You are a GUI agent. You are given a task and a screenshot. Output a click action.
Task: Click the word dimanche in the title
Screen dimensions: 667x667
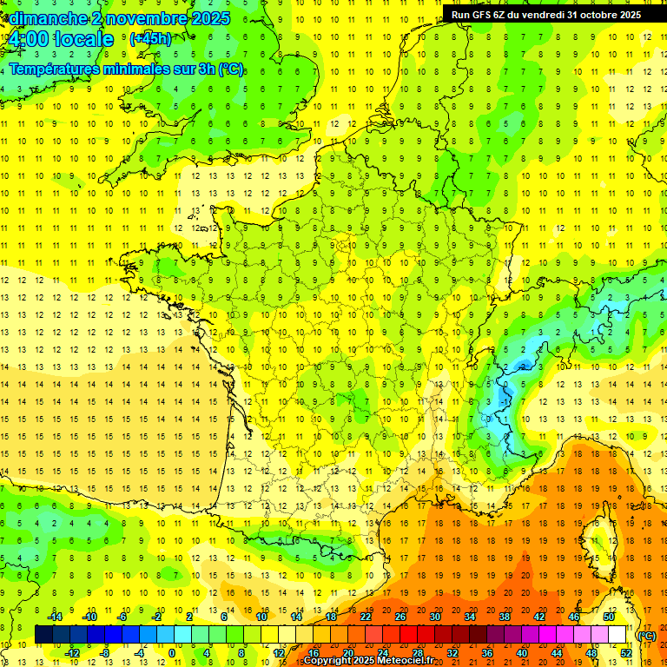tap(49, 18)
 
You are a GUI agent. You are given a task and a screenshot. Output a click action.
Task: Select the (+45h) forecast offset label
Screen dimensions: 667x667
tap(150, 39)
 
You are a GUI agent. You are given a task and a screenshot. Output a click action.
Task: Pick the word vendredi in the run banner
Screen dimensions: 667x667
tap(551, 15)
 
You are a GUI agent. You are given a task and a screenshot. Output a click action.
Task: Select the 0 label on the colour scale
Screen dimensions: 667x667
tap(171, 652)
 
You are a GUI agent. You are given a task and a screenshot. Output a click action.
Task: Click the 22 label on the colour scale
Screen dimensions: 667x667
tap(366, 617)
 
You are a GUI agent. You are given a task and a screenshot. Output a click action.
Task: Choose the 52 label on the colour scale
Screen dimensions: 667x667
tap(626, 652)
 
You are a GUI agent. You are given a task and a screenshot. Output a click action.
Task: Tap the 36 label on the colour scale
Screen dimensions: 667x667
tap(487, 652)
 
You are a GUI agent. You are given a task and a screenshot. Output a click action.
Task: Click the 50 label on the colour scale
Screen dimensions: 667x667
tap(608, 617)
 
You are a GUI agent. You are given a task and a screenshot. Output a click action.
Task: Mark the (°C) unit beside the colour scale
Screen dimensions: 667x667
tap(647, 636)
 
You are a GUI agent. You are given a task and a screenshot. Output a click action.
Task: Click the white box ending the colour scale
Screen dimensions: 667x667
tap(617, 635)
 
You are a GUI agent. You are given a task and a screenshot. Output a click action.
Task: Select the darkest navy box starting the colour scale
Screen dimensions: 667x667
tap(43, 635)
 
